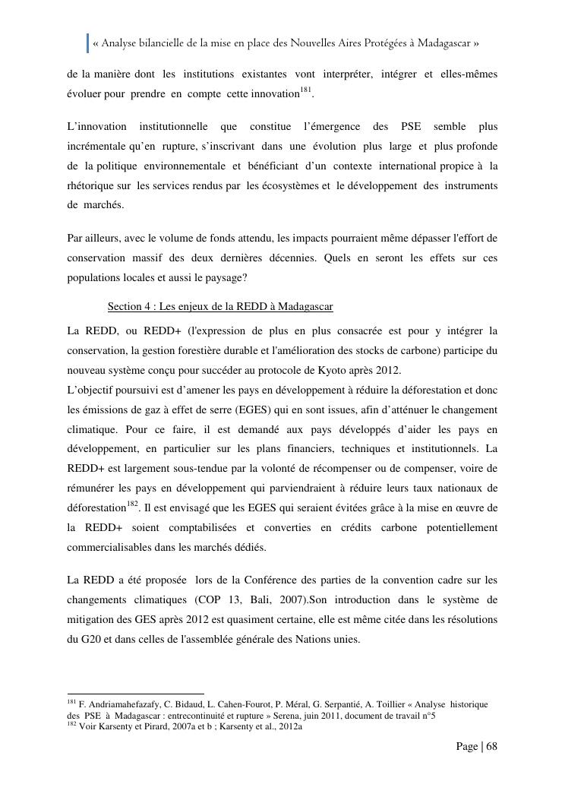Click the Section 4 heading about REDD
[220, 307]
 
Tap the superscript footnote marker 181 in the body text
[305, 90]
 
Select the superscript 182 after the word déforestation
[132, 504]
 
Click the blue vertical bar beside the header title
[87, 43]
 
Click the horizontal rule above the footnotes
[136, 694]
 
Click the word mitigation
[92, 620]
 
